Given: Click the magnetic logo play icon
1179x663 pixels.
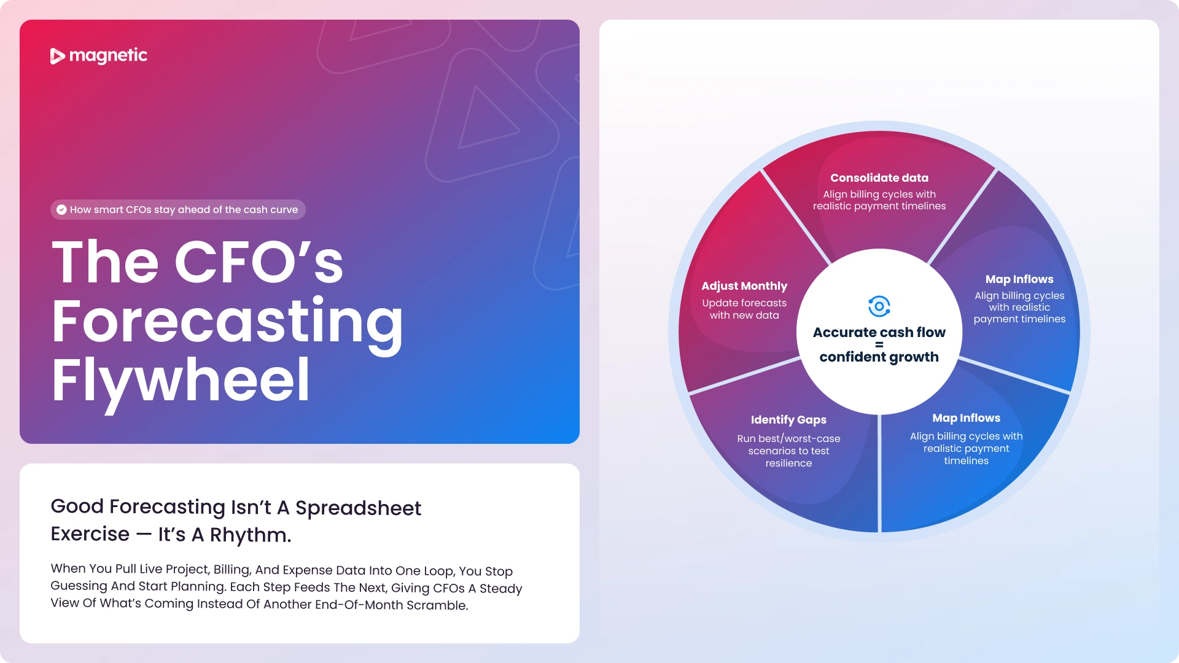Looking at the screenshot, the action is [57, 56].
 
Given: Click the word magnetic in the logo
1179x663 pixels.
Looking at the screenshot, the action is [108, 56].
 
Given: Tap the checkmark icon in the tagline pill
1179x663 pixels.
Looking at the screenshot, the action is [61, 209].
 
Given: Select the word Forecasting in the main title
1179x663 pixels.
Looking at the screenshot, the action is [227, 322].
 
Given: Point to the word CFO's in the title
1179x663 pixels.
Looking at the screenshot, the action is [259, 262].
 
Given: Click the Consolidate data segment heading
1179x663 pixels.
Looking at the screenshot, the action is [879, 178].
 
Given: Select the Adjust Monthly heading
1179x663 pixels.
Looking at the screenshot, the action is [744, 286].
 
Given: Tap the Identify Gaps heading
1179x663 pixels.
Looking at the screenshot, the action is [788, 420].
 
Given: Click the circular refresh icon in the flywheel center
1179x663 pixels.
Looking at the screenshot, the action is [879, 306].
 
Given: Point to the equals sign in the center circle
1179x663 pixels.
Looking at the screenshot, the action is [879, 344].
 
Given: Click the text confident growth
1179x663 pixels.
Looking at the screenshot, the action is [879, 357].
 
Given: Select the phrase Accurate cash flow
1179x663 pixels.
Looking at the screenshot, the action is [879, 332].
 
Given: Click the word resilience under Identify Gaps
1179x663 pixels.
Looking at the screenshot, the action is [788, 463].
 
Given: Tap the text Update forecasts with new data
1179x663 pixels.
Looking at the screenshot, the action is [744, 309].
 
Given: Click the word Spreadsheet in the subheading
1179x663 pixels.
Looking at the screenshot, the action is [358, 508].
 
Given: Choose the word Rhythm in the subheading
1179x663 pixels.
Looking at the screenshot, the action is [250, 535].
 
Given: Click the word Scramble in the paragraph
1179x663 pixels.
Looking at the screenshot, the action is [437, 605].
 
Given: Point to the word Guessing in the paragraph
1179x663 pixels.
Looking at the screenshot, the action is [79, 586].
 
